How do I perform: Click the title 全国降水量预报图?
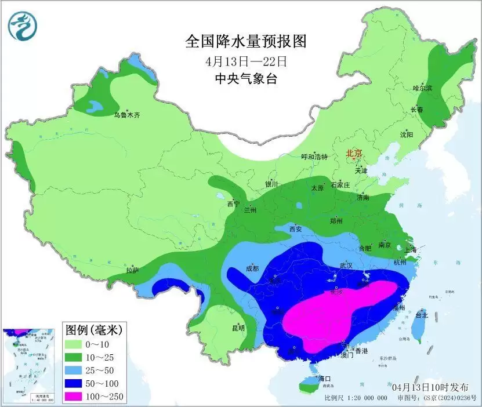pos(245,41)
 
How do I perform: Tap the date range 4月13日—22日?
pos(246,60)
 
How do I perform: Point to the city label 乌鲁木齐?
pos(126,115)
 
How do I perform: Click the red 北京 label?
pos(354,153)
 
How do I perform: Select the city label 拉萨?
pos(132,270)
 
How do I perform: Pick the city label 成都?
pos(252,268)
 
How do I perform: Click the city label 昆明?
pos(238,328)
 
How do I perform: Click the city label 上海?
pos(411,250)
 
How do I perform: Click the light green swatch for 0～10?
pos(76,345)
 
